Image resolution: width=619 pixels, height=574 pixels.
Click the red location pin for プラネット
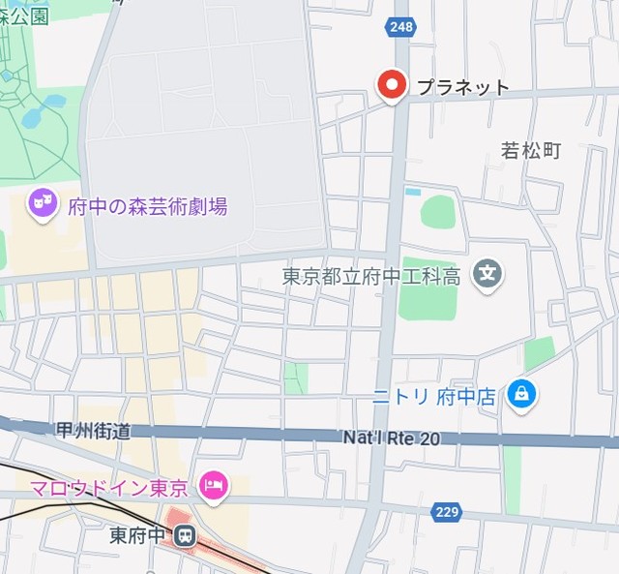coord(392,86)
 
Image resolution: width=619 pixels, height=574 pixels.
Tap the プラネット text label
coord(462,87)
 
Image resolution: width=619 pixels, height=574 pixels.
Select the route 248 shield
coord(401,27)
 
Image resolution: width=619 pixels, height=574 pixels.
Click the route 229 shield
coord(447,511)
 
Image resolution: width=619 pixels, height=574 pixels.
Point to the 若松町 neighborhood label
coord(530,150)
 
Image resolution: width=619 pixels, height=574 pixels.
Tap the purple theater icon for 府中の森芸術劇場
coord(42,203)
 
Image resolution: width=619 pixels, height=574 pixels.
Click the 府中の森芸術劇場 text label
coord(147,205)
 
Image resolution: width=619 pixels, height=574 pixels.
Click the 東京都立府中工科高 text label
coord(370,276)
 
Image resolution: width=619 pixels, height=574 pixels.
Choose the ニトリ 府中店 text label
coord(434,396)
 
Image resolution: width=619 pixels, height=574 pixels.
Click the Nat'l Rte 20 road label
coord(391,438)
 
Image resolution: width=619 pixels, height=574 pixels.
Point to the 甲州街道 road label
coord(93,431)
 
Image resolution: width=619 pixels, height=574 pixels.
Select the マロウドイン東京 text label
coord(108,487)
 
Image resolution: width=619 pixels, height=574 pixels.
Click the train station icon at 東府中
coord(184,533)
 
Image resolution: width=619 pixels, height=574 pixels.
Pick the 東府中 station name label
coord(139,533)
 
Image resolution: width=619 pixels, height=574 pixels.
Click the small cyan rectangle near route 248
coord(413,191)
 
